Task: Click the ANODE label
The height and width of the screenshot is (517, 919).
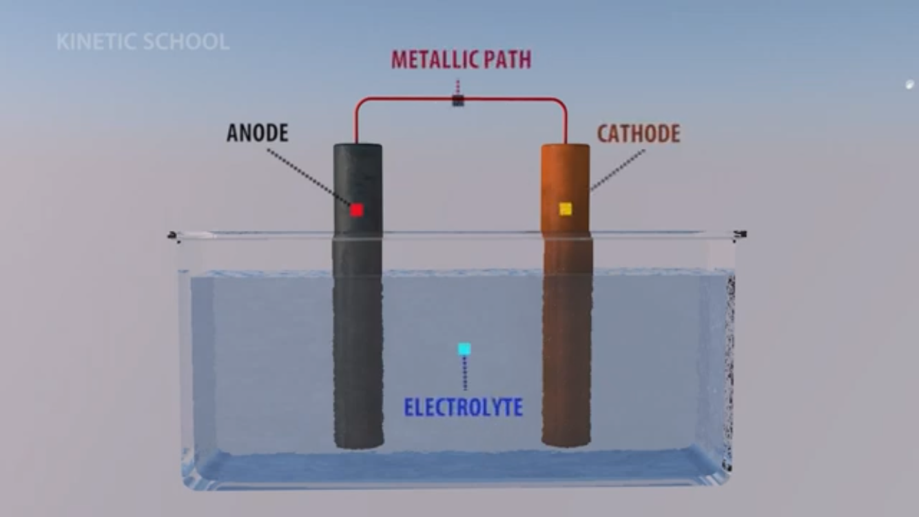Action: pyautogui.click(x=257, y=133)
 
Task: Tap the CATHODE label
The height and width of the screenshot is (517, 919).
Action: pyautogui.click(x=638, y=134)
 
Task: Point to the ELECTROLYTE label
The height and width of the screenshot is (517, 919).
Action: pyautogui.click(x=463, y=407)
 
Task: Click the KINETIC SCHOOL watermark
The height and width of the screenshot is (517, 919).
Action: pyautogui.click(x=143, y=42)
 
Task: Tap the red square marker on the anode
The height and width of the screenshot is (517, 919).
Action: pyautogui.click(x=356, y=210)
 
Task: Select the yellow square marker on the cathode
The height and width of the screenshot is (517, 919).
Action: pyautogui.click(x=566, y=208)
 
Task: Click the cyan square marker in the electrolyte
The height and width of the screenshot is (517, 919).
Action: pyautogui.click(x=464, y=349)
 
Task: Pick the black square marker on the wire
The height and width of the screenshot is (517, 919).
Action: pyautogui.click(x=458, y=101)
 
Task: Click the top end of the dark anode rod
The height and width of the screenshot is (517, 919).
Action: pyautogui.click(x=358, y=148)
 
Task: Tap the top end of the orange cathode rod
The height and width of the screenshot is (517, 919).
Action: pyautogui.click(x=565, y=148)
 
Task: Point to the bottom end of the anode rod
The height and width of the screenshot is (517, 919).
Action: pyautogui.click(x=358, y=443)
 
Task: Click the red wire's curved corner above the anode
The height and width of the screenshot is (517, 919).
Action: pyautogui.click(x=360, y=103)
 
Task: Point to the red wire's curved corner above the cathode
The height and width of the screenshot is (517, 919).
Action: pyautogui.click(x=561, y=103)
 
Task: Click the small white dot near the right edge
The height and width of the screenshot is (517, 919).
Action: pyautogui.click(x=909, y=85)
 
